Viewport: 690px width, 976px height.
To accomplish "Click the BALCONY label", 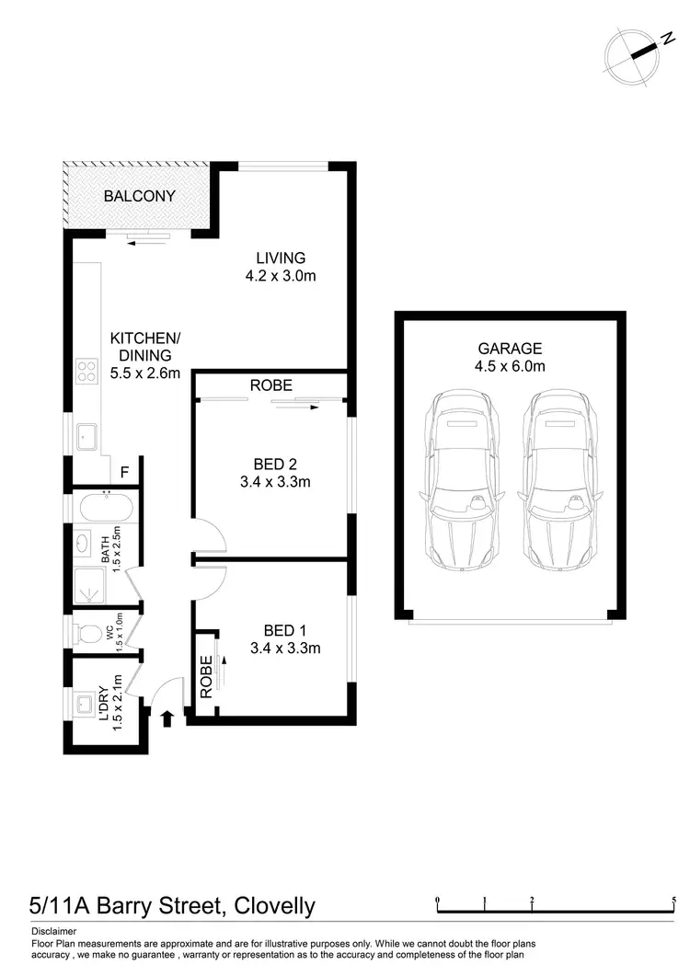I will coord(139,196).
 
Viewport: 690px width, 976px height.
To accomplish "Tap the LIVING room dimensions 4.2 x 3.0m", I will coord(281,275).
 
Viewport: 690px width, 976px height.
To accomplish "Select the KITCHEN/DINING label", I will coord(144,347).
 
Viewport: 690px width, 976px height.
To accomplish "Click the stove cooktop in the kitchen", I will coord(86,371).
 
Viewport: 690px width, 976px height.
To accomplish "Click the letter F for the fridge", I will coord(124,472).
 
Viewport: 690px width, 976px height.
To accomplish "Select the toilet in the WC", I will coord(89,634).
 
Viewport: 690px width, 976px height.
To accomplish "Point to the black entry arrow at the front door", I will coord(168,718).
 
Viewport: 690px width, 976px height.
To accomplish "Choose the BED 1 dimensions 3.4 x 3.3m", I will coord(285,648).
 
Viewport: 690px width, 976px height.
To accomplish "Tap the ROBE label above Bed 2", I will coord(270,385).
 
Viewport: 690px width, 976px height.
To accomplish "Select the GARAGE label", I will coord(509,349).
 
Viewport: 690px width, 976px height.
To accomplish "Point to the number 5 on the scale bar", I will coord(673,900).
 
